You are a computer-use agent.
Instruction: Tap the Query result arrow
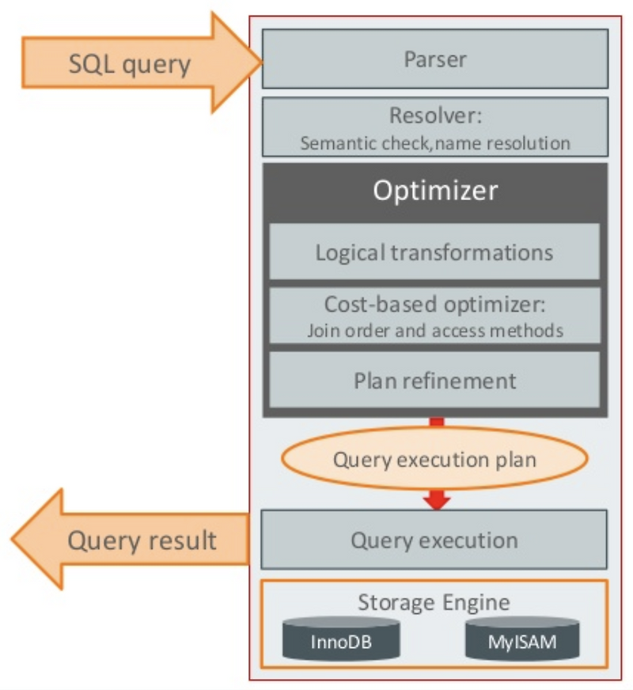(x=135, y=540)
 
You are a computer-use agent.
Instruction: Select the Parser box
(x=434, y=59)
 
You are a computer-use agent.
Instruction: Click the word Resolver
(x=434, y=116)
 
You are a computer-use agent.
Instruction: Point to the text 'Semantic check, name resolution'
(x=434, y=143)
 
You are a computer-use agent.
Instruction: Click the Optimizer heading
(x=434, y=191)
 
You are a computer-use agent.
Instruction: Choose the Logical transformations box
(x=434, y=252)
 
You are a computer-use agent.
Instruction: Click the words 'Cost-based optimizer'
(x=434, y=305)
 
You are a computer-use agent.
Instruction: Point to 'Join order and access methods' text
(x=434, y=330)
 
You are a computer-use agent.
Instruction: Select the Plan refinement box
(x=434, y=380)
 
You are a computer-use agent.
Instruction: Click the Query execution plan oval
(x=436, y=460)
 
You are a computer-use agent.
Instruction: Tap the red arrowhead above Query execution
(x=436, y=501)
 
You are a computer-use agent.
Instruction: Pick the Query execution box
(x=434, y=540)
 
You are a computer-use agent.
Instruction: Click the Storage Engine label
(x=434, y=602)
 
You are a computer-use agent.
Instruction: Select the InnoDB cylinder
(x=341, y=639)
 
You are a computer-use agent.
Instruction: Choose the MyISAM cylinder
(x=521, y=639)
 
